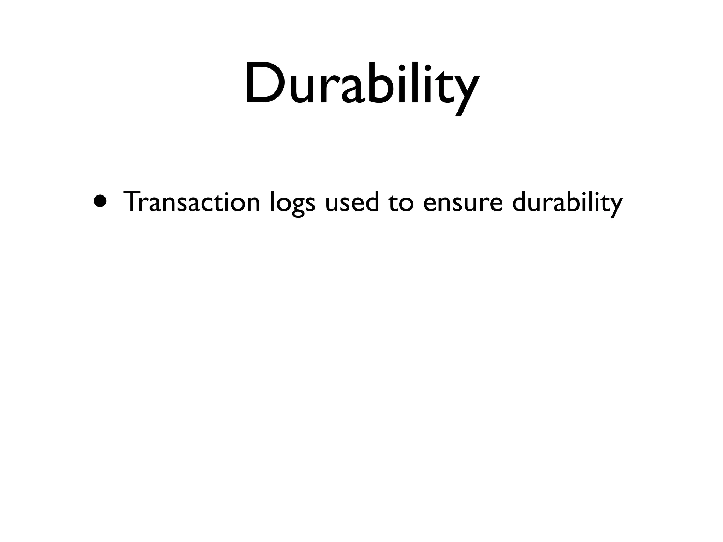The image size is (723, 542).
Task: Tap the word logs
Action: (x=292, y=203)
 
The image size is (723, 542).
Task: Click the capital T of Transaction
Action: (x=131, y=201)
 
